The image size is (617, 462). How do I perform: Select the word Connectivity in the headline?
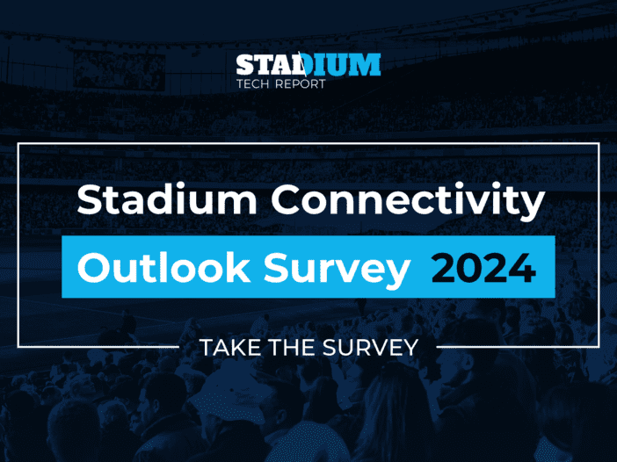point(407,201)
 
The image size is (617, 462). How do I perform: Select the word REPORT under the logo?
point(301,84)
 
